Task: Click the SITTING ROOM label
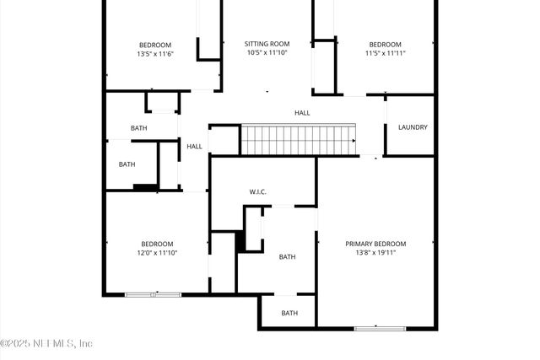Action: [267, 43]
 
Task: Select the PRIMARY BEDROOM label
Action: [375, 243]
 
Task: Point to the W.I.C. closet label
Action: [258, 192]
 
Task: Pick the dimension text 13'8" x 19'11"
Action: [375, 252]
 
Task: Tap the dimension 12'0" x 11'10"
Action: [157, 252]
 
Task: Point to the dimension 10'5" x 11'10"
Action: [267, 52]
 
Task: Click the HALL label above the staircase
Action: [302, 112]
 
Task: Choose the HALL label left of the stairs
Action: [195, 146]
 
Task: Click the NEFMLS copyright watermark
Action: [47, 343]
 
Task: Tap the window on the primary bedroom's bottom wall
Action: [379, 328]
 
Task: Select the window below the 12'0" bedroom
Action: [153, 294]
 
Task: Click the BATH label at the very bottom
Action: [289, 313]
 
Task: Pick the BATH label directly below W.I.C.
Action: [288, 257]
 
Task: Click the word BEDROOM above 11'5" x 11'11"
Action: [385, 45]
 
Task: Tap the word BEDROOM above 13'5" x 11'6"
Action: [155, 45]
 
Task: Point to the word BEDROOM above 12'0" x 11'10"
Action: [157, 243]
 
